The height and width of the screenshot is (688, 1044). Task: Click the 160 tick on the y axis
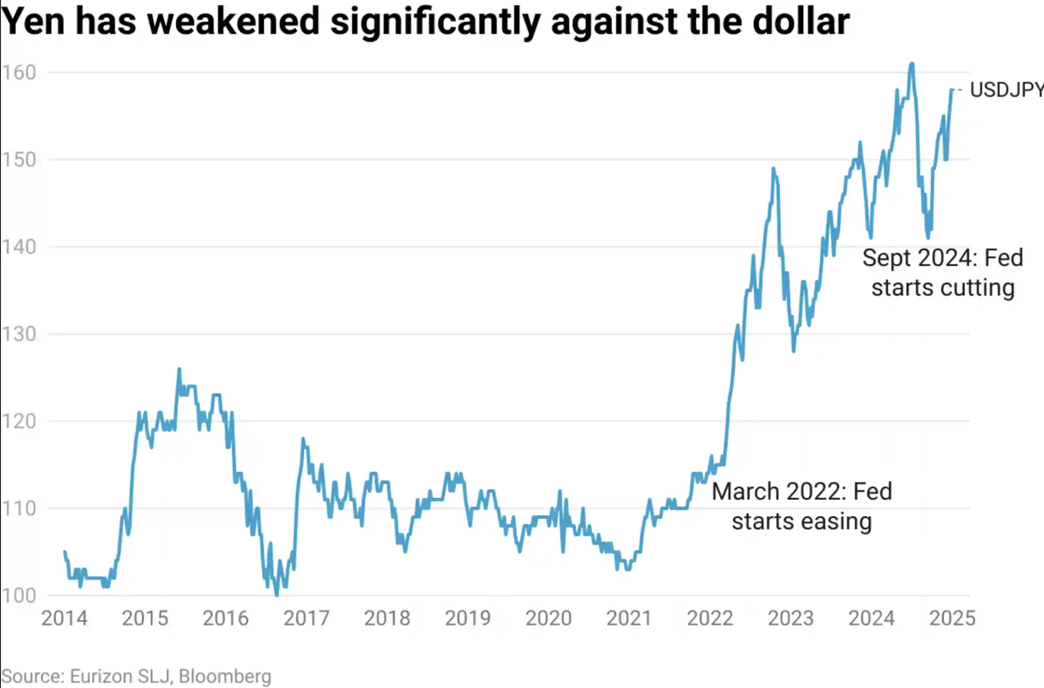click(x=18, y=73)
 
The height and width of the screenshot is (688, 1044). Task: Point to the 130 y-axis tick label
click(x=18, y=334)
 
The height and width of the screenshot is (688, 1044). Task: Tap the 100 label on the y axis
click(x=18, y=596)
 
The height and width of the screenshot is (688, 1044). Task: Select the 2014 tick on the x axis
click(x=64, y=618)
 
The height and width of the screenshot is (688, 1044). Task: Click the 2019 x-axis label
click(x=468, y=618)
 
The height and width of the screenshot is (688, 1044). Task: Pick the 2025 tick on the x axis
click(x=952, y=618)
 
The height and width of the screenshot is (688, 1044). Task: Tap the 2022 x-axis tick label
click(x=710, y=618)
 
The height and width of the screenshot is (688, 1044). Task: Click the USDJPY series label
click(x=1007, y=90)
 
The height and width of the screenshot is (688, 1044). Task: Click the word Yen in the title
click(x=33, y=22)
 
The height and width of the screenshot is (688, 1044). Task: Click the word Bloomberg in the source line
click(x=225, y=676)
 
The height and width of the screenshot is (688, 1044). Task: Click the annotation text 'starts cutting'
click(x=943, y=288)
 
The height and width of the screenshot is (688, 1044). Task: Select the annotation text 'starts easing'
click(x=802, y=521)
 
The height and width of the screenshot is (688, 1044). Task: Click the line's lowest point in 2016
click(x=276, y=596)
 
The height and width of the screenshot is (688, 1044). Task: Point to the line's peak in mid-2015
click(x=179, y=369)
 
